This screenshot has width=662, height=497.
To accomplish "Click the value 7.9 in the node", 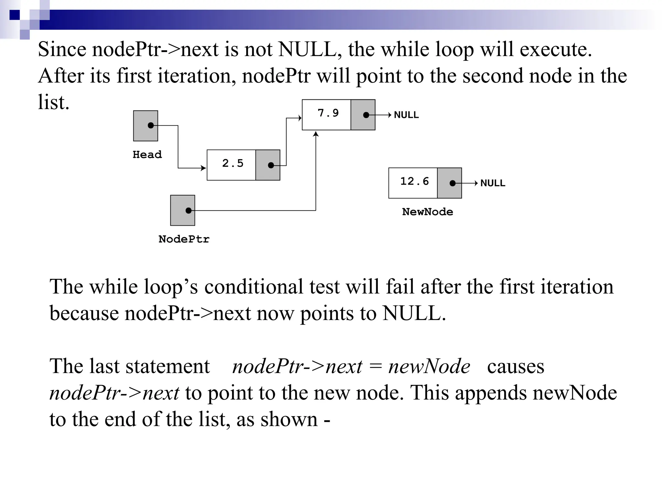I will click(x=328, y=113).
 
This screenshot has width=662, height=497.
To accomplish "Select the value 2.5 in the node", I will click(x=232, y=163).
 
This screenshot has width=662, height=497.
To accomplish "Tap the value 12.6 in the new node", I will click(x=414, y=181).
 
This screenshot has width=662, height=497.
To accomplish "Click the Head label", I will click(x=147, y=154).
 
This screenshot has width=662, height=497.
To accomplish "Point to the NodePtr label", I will click(x=184, y=239).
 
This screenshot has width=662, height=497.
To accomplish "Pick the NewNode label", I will click(x=427, y=212).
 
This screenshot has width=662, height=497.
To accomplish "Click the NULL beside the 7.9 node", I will click(x=406, y=115).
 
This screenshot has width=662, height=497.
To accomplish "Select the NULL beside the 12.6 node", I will click(x=493, y=183).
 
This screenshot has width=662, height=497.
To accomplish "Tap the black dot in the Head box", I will click(x=151, y=125).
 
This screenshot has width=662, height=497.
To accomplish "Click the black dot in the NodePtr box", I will click(x=188, y=211).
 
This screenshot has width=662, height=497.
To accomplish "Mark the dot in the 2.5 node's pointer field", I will click(x=271, y=165).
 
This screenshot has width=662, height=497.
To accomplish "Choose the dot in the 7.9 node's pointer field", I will click(x=366, y=115).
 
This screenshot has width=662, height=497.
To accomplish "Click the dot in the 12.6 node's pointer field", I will click(x=453, y=183).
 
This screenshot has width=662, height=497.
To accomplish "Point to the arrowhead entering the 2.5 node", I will click(x=203, y=168).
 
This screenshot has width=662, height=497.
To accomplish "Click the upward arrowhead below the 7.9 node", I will click(x=316, y=134).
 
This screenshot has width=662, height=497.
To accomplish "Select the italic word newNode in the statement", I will click(x=429, y=367).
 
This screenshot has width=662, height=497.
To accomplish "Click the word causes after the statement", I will click(x=516, y=367).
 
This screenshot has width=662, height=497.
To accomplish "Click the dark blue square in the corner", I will click(x=15, y=15).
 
